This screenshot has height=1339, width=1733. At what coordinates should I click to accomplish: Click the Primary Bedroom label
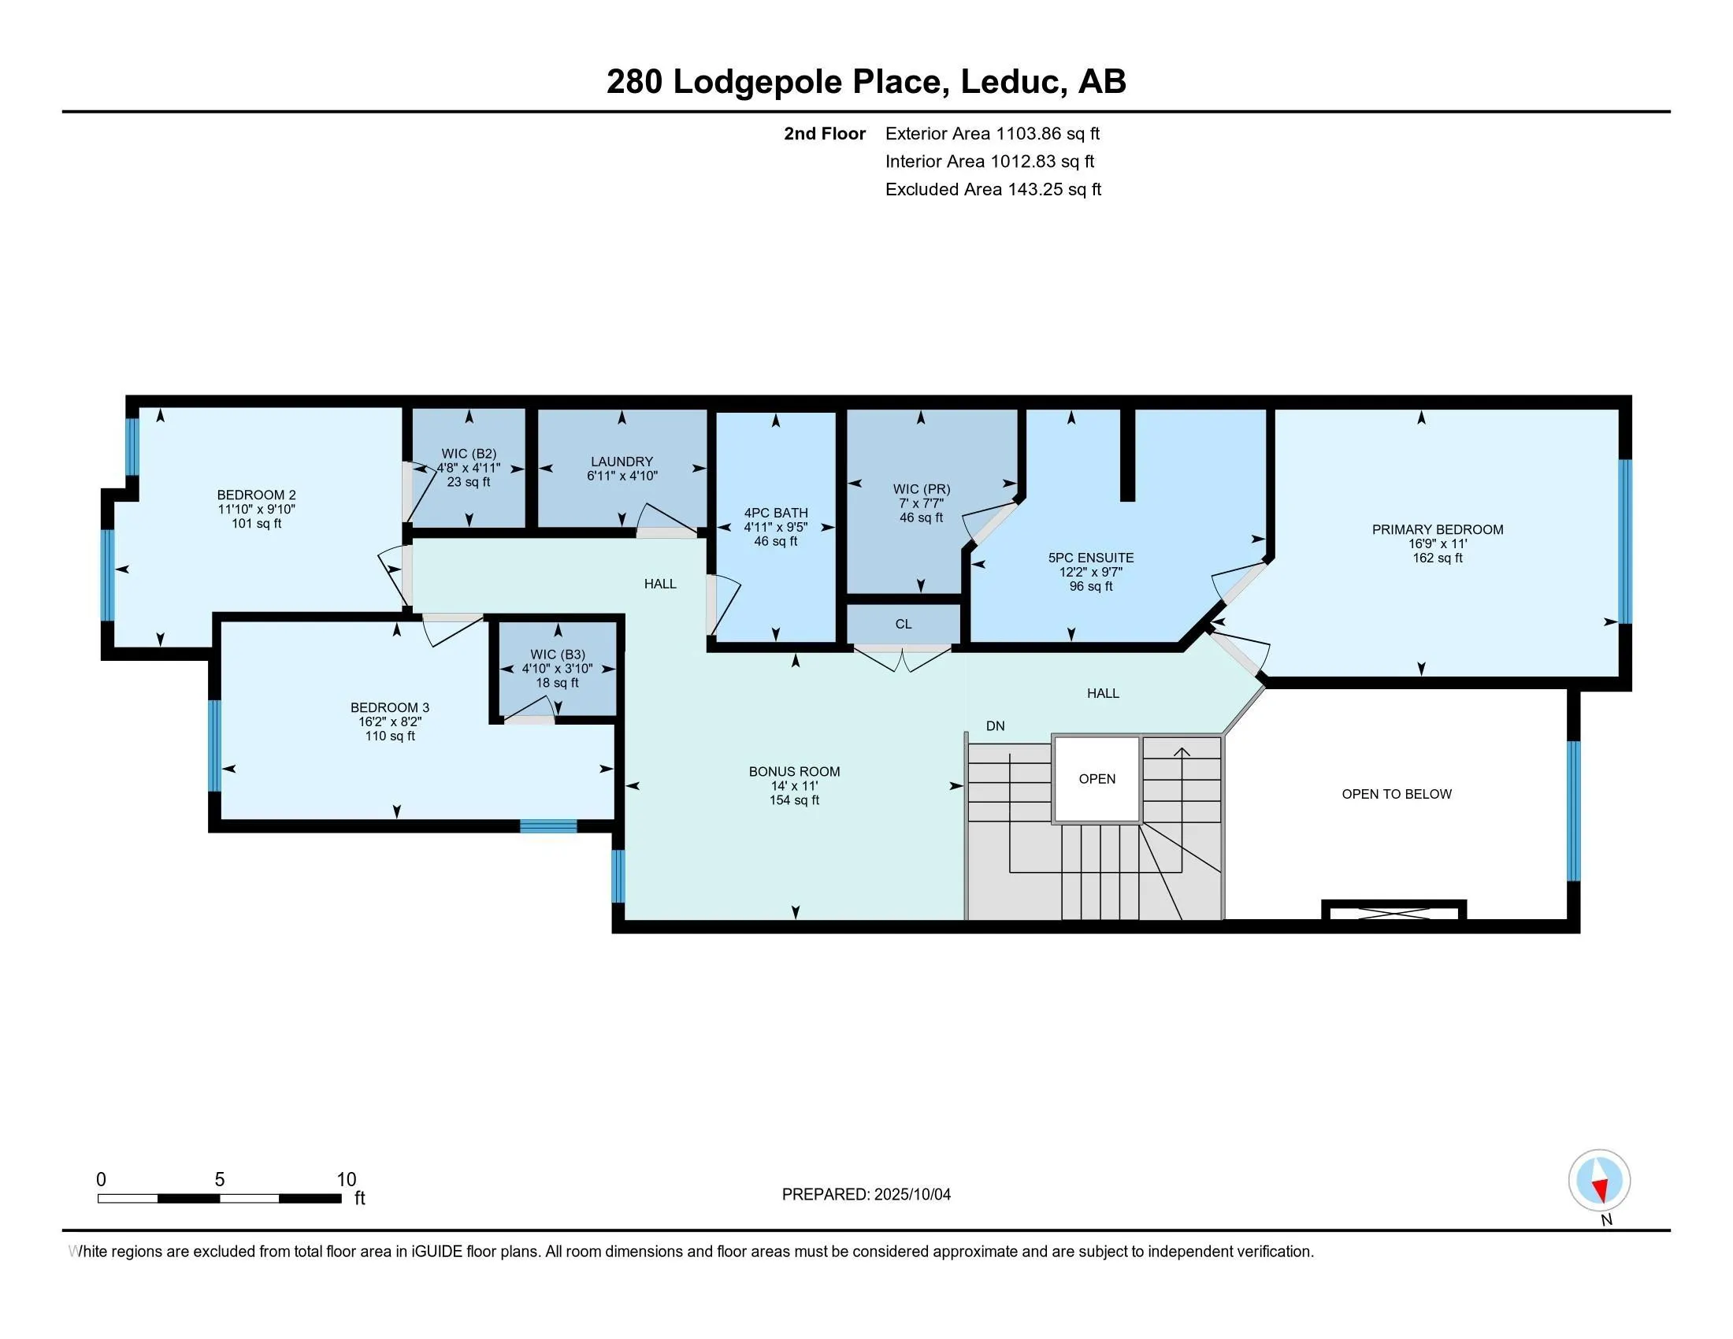(1437, 529)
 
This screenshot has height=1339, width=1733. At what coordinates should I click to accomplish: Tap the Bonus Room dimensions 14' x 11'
(793, 785)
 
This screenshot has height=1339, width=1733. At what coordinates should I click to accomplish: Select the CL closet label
(903, 625)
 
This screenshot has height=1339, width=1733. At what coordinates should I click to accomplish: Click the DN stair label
(995, 726)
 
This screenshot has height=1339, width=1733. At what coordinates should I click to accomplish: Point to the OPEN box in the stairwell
(1097, 779)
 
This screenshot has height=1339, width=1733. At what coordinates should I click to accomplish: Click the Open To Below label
(1396, 794)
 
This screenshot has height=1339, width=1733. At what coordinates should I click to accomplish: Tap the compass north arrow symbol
(1599, 1181)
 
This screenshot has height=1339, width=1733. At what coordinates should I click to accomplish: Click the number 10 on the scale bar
(346, 1180)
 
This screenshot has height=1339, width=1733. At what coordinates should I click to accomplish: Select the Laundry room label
(622, 462)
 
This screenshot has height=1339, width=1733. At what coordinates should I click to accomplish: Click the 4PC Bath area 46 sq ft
(775, 542)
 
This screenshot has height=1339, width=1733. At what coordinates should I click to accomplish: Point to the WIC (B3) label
(557, 655)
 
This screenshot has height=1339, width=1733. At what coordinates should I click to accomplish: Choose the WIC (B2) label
(468, 454)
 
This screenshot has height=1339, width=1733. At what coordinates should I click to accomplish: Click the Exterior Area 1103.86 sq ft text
(992, 133)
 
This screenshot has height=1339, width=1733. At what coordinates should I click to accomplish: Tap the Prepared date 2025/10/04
(911, 1195)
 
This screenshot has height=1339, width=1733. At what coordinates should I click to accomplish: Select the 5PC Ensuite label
(1090, 558)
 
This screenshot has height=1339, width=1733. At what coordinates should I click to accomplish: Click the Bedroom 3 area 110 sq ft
(390, 736)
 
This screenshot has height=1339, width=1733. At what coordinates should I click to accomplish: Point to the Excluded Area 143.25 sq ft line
(993, 189)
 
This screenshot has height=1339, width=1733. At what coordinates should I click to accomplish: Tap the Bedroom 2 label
(256, 495)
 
